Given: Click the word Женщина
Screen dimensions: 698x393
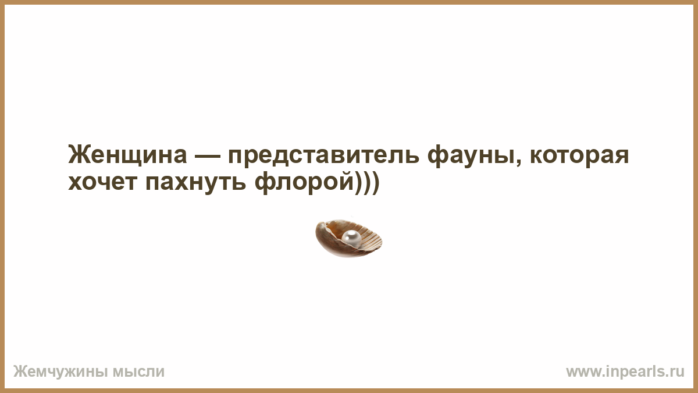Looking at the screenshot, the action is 127,155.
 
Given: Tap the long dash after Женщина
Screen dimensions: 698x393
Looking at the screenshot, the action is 208,155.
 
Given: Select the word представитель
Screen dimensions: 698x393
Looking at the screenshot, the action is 324,157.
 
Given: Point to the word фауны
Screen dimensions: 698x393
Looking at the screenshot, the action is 471,157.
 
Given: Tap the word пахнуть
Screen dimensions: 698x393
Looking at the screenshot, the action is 195,183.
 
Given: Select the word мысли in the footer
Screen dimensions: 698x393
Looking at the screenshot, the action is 138,372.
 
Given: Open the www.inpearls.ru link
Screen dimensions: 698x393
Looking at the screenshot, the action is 625,372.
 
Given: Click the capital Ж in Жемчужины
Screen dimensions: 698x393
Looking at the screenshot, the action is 20,371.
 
